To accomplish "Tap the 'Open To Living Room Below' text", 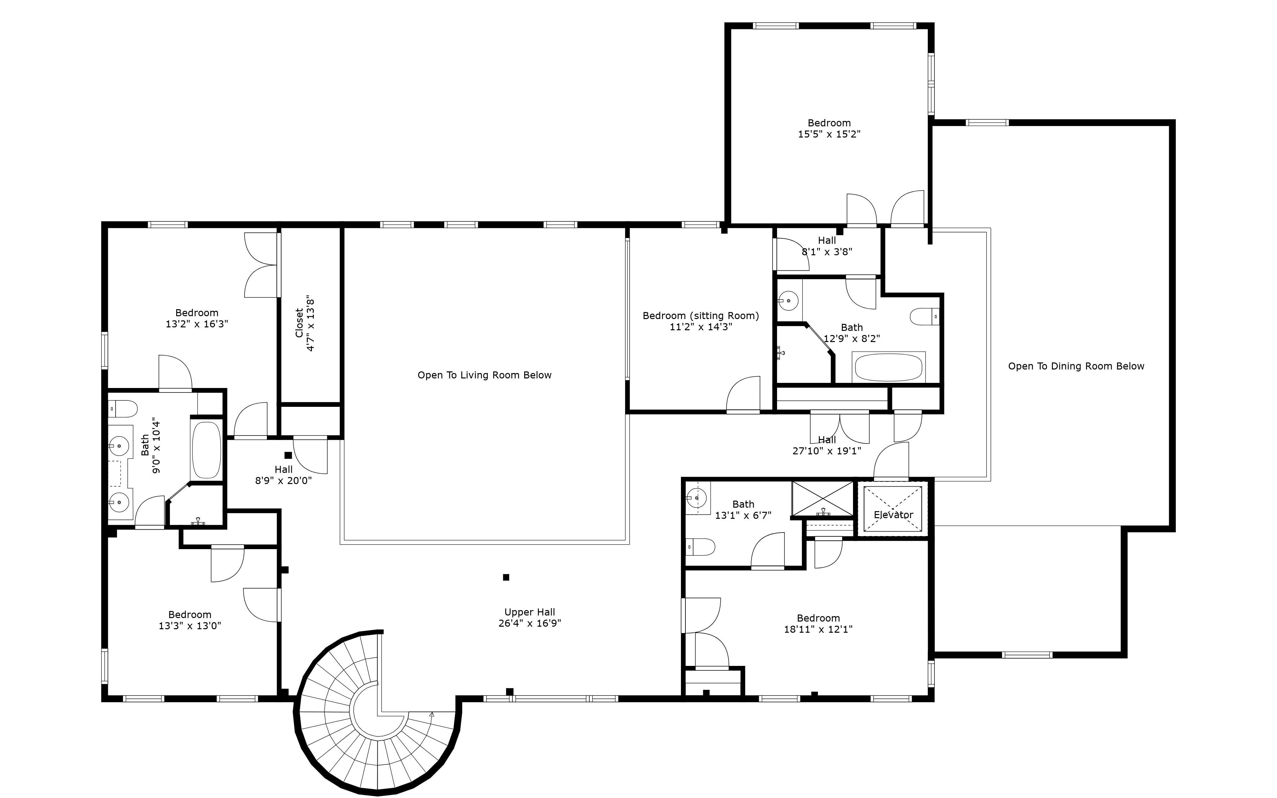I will [x=484, y=375].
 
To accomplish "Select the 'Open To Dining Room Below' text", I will [x=1076, y=366].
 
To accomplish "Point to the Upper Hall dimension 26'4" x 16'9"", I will [x=530, y=623].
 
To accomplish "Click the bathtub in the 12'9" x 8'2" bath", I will [x=888, y=367].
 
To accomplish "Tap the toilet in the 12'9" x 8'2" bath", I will [x=924, y=317].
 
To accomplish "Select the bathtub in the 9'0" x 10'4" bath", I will [x=206, y=450].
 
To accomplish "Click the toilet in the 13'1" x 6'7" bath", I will [x=700, y=547].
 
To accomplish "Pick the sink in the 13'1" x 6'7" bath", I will [x=696, y=497].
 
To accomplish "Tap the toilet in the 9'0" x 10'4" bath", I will [x=123, y=408].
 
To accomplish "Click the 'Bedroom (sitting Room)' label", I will [x=700, y=316].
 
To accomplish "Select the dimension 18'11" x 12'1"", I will [x=818, y=629].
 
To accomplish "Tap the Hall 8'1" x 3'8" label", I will [x=827, y=246].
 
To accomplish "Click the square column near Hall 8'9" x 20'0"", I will [x=288, y=455].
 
